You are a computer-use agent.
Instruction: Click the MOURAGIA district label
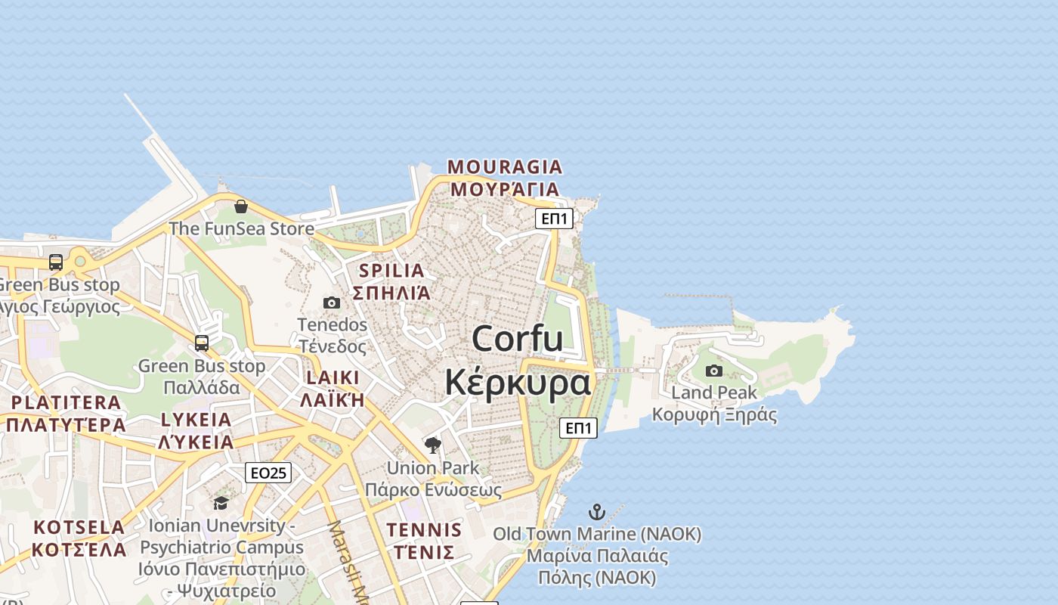click(x=505, y=167)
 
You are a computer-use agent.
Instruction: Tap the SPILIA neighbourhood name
click(x=391, y=271)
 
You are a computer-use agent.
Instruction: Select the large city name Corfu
click(x=518, y=338)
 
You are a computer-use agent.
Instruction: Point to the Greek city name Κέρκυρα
click(x=518, y=382)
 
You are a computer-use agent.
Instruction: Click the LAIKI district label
click(x=333, y=377)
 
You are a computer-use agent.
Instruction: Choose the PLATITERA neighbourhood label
click(x=66, y=402)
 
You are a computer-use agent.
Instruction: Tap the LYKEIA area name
click(x=196, y=420)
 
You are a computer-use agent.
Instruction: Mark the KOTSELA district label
click(x=79, y=527)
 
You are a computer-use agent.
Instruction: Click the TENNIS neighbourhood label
click(x=424, y=530)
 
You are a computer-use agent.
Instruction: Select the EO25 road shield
click(x=268, y=473)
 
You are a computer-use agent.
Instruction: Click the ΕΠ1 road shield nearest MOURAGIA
click(x=554, y=219)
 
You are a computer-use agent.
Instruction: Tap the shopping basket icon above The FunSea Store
click(x=241, y=206)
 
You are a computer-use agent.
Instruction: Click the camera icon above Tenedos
click(x=332, y=303)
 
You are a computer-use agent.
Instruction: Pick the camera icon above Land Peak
click(x=714, y=371)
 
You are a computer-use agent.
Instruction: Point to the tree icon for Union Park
click(x=433, y=445)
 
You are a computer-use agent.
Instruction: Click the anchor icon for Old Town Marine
click(x=597, y=512)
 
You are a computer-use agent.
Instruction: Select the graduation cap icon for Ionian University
click(x=221, y=503)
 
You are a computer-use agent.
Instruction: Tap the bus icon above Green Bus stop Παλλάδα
click(x=202, y=343)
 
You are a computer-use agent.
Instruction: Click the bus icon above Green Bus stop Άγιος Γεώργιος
click(x=56, y=262)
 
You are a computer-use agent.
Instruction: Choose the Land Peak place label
click(x=714, y=392)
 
